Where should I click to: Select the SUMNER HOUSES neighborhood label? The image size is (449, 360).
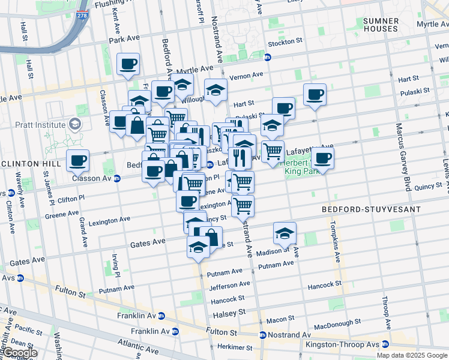(381, 25)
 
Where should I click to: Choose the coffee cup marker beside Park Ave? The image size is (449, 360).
(128, 64)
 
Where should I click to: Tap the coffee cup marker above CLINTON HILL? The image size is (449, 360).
(77, 161)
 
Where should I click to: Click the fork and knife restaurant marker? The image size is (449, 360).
(240, 157)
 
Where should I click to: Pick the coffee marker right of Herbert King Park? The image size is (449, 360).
(322, 158)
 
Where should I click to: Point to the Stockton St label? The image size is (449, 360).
(284, 42)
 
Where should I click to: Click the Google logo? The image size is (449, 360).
(19, 353)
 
